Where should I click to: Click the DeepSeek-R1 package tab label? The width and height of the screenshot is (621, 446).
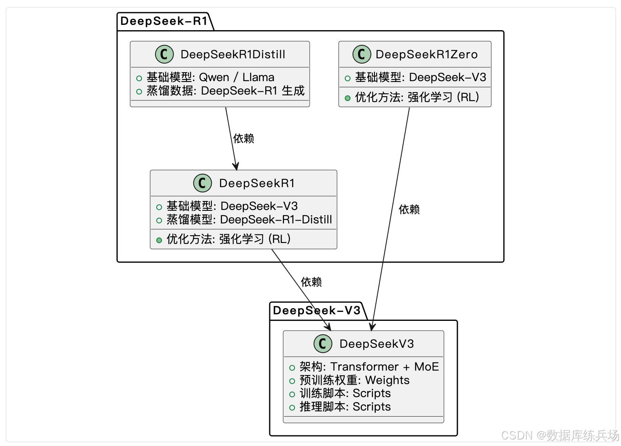tap(164, 21)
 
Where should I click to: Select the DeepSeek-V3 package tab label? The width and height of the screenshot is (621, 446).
tap(317, 311)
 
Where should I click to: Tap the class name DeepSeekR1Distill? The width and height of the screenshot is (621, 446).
tap(233, 54)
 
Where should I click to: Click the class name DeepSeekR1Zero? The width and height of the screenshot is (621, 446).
tap(426, 54)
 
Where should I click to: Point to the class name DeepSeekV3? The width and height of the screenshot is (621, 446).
tap(377, 344)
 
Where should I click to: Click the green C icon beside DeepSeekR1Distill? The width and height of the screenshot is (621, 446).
tap(164, 54)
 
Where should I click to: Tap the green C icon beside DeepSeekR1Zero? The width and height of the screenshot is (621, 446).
tap(362, 54)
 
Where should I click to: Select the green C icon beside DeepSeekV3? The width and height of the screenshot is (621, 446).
tap(323, 344)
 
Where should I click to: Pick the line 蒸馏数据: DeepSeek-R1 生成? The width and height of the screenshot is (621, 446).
tap(225, 91)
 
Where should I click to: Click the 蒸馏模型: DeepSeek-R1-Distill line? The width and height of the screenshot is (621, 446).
tap(249, 219)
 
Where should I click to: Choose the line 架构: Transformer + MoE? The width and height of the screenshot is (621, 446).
tap(369, 367)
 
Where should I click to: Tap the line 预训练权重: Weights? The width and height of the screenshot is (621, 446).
tap(354, 380)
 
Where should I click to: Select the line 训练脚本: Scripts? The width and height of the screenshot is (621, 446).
tap(345, 393)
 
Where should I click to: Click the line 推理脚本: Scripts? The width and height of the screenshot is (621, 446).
tap(345, 406)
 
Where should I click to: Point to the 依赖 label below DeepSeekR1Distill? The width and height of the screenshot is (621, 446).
tap(244, 139)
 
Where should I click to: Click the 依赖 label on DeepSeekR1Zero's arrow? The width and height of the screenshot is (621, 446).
tap(409, 210)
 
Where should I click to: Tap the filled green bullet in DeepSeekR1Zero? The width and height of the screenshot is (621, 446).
tap(348, 98)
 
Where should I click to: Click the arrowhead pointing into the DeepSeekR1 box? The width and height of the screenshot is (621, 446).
tap(235, 166)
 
